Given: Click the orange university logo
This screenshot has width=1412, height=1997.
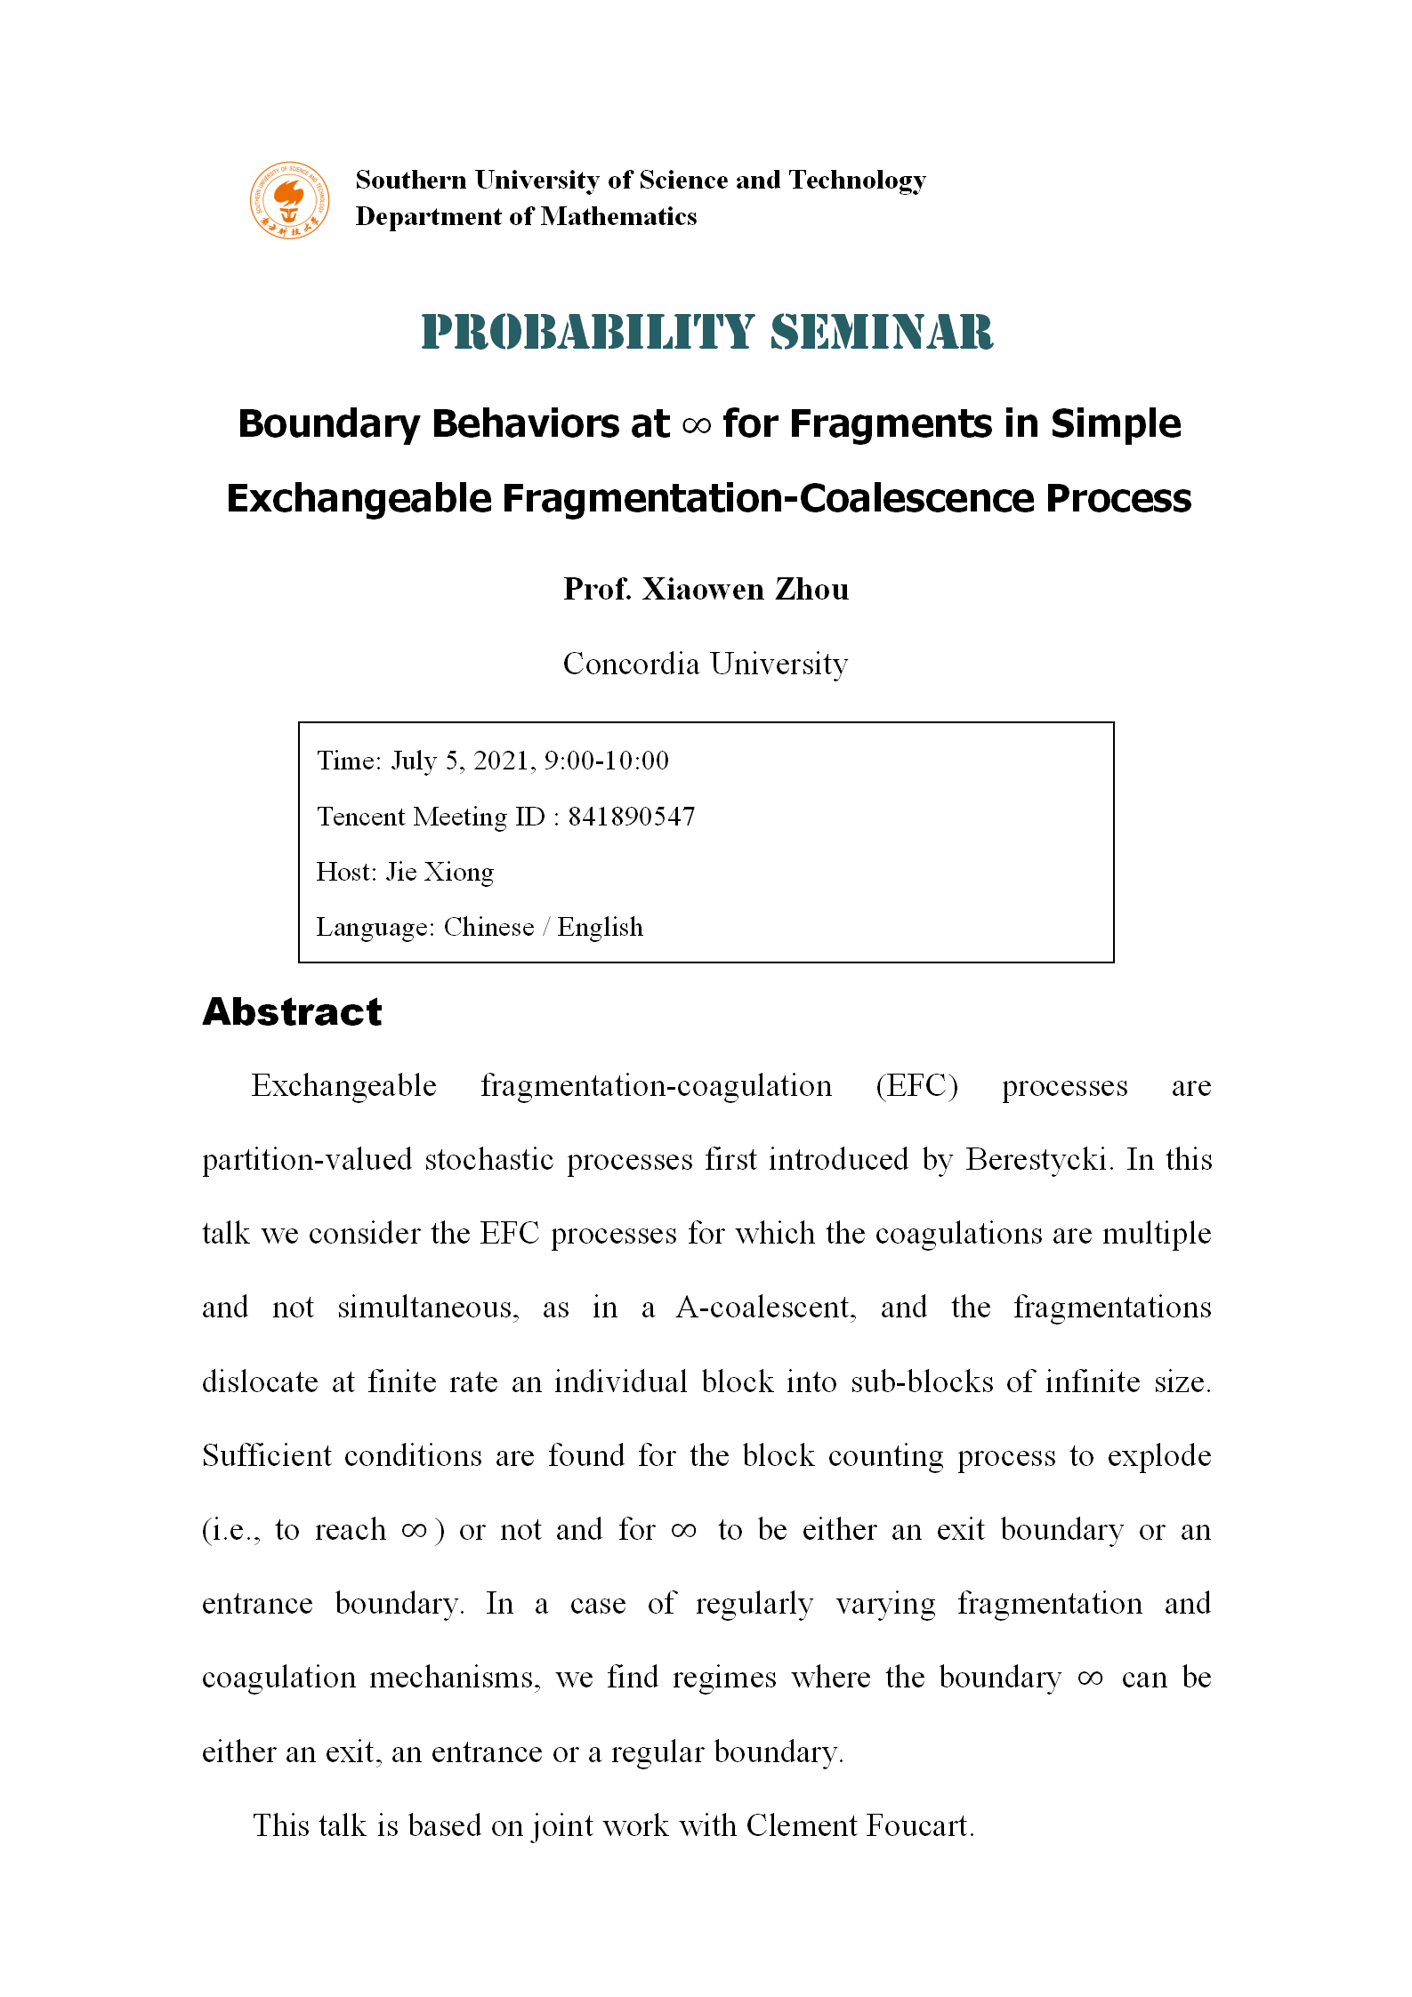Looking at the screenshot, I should [x=289, y=200].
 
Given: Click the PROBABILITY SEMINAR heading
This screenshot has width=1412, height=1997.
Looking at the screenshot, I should [x=706, y=333].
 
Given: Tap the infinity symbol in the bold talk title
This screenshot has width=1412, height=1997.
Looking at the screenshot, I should [x=696, y=426].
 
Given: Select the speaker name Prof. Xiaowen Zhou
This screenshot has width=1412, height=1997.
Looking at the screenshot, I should [x=706, y=589].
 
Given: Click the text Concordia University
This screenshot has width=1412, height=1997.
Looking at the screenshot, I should [x=706, y=664].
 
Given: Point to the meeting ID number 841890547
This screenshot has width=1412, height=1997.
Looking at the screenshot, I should [x=632, y=817].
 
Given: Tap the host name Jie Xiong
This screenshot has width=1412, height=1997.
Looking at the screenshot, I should [x=440, y=872].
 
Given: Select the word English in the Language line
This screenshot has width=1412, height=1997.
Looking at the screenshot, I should [x=601, y=927].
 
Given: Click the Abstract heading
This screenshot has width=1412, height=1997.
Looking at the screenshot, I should [x=292, y=1012].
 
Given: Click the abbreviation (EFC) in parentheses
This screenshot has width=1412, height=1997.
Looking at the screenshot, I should [x=916, y=1086].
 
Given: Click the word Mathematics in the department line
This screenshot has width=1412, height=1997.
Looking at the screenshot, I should [x=619, y=217].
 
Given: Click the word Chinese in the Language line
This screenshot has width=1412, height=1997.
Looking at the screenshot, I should [x=488, y=927].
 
